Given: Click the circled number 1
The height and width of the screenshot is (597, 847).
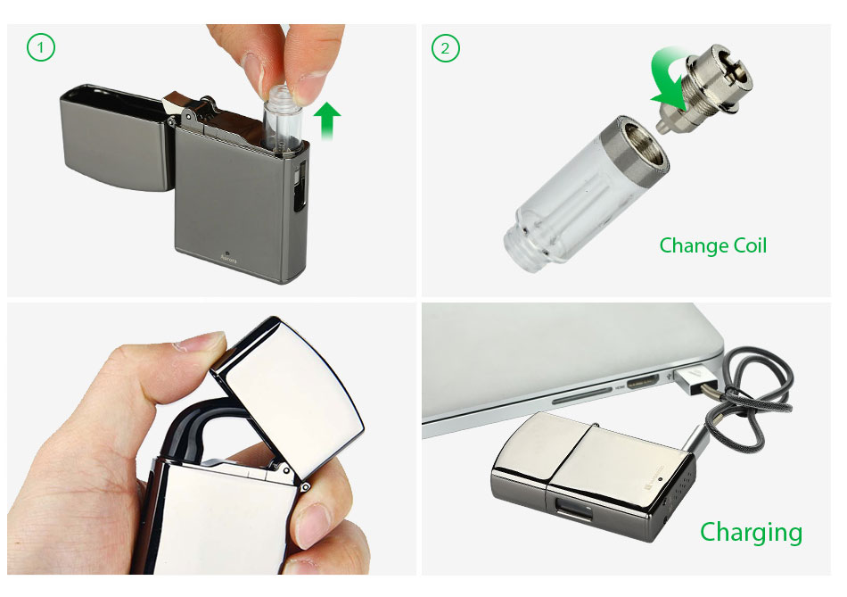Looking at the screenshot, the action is click(40, 47).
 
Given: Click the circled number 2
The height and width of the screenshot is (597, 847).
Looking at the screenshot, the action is click(445, 48).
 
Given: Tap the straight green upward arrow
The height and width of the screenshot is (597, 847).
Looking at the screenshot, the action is click(327, 120).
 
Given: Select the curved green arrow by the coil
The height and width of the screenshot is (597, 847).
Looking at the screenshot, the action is click(669, 76).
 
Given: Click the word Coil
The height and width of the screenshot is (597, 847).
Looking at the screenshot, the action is click(750, 245).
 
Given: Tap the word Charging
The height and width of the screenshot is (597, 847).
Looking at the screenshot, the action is click(751, 533).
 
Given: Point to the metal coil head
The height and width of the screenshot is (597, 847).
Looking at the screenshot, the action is click(705, 88).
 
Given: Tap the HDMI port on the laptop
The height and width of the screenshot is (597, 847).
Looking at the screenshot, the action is click(642, 384).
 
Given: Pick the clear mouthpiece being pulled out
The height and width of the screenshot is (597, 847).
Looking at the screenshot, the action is click(283, 117).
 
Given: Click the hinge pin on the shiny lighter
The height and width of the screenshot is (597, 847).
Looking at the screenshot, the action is click(305, 486).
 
